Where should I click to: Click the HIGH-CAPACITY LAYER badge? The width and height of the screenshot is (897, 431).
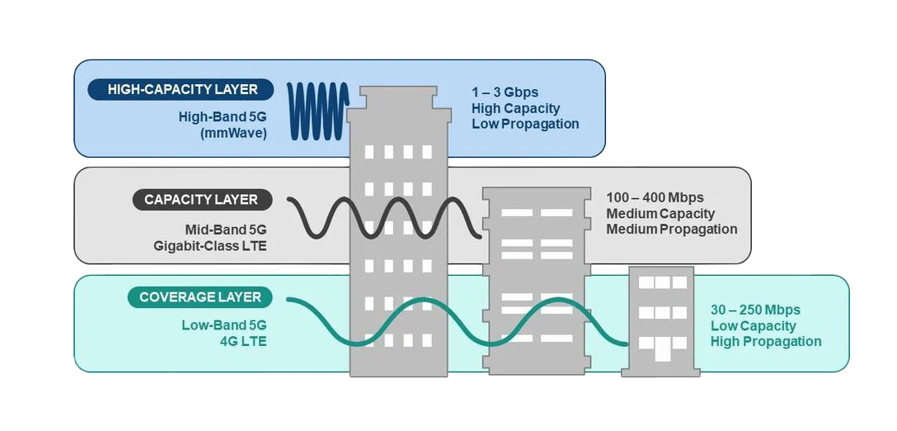click(x=182, y=89)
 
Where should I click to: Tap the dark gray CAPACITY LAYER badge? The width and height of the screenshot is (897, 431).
click(x=200, y=200)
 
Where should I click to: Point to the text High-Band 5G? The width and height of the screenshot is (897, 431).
click(x=223, y=116)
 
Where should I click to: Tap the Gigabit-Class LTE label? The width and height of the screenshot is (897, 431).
click(x=210, y=245)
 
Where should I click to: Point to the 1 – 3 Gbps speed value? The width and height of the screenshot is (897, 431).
click(x=505, y=92)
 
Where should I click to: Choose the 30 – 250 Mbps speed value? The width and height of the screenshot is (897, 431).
click(x=755, y=310)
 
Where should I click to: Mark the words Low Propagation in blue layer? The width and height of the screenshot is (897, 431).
click(x=525, y=124)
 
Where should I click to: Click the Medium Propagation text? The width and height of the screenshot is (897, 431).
click(x=672, y=230)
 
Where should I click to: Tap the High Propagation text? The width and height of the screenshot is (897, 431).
click(x=766, y=342)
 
